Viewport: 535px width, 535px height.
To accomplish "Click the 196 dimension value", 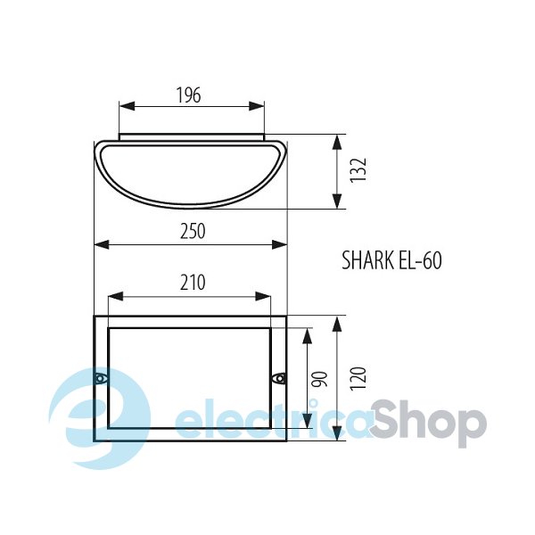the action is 189,95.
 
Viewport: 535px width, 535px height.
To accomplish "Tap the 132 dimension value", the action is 358,170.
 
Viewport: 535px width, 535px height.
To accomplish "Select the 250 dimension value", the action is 193,231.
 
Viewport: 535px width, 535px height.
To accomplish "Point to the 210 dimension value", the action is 193,283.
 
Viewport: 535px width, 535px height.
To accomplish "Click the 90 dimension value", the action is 321,379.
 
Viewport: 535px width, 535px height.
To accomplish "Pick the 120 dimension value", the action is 358,379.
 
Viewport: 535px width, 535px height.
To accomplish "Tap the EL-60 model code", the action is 420,260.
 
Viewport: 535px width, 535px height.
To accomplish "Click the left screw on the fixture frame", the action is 100,378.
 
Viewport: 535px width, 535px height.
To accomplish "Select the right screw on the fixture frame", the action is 279,378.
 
